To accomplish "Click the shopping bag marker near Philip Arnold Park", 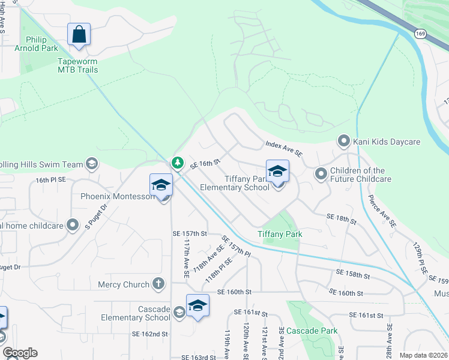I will [79, 34].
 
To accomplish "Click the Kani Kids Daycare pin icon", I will [344, 142].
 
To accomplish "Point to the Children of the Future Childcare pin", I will [321, 174].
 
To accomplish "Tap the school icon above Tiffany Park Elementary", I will [277, 172].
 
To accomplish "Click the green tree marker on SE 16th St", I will [177, 162].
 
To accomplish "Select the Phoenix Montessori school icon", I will [161, 185].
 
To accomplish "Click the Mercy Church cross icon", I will [158, 284].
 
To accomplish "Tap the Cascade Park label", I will [312, 331].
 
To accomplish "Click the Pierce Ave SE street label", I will [382, 210].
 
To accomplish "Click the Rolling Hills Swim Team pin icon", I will [92, 164].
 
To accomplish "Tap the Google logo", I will [20, 353].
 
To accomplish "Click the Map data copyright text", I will [423, 355].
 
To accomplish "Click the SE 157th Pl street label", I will [235, 246].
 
